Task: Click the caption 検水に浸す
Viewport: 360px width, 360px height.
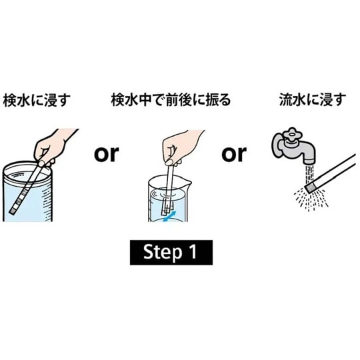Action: click(x=37, y=101)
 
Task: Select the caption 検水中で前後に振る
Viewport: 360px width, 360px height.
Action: click(x=171, y=101)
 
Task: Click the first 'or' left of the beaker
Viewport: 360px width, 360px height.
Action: click(x=105, y=154)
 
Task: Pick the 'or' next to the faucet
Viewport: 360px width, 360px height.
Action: click(x=233, y=154)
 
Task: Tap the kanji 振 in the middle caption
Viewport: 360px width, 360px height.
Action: click(x=211, y=101)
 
